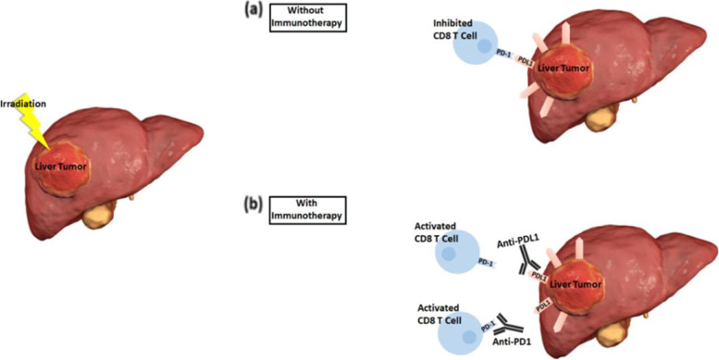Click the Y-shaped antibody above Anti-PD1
point(508,324)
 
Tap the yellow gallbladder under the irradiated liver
point(100,218)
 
